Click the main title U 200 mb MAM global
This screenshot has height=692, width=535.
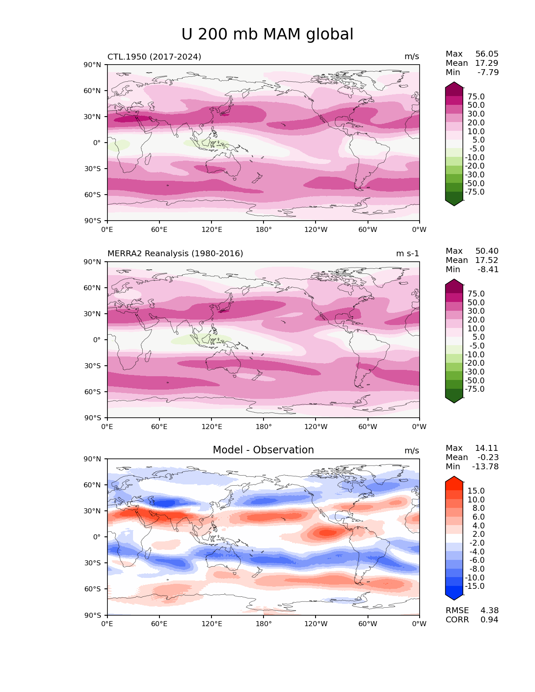267,34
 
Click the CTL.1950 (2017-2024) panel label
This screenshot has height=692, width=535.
154,57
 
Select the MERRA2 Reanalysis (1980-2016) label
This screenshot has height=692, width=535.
175,253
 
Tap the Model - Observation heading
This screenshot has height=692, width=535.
263,450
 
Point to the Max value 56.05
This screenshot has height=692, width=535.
487,54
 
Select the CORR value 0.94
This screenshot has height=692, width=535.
489,619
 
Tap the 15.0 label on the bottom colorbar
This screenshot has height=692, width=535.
476,491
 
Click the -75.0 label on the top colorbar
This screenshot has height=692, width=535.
475,192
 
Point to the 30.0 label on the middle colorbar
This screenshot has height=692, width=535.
476,311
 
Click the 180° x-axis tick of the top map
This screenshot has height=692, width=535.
264,229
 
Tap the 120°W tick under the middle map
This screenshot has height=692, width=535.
316,427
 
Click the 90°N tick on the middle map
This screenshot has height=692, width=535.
93,262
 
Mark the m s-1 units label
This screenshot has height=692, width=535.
407,253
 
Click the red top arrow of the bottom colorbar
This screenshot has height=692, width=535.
454,479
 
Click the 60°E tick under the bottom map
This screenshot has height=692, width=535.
159,624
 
